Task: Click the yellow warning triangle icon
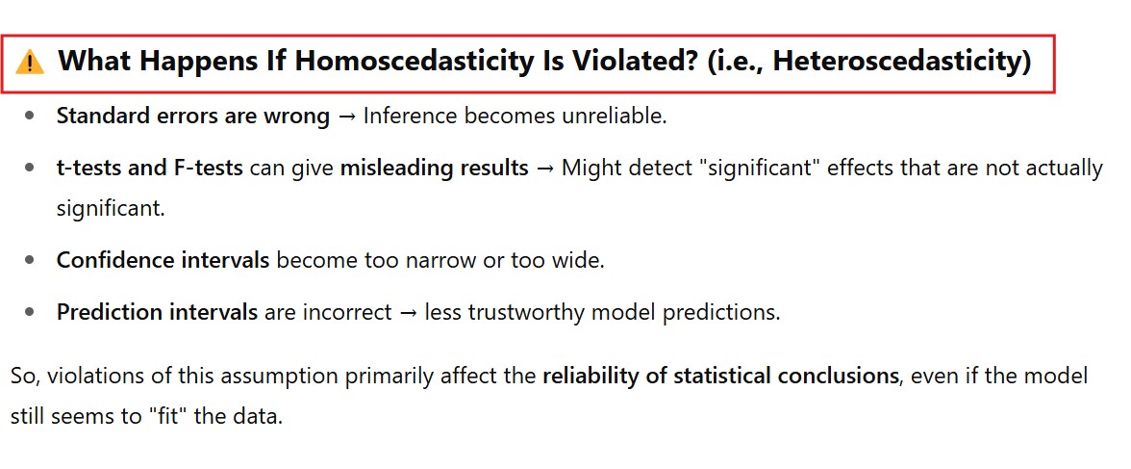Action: pyautogui.click(x=30, y=63)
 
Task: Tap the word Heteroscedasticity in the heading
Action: pyautogui.click(x=901, y=62)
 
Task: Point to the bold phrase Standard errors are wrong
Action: pyautogui.click(x=193, y=116)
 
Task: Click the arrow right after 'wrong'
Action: pyautogui.click(x=347, y=117)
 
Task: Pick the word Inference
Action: pyautogui.click(x=411, y=116)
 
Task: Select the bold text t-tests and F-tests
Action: pyautogui.click(x=150, y=169)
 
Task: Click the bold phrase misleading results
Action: pyautogui.click(x=435, y=169)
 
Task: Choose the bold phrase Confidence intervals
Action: pyautogui.click(x=163, y=260)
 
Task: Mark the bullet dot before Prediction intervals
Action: pyautogui.click(x=29, y=312)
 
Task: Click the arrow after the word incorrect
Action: pyautogui.click(x=408, y=313)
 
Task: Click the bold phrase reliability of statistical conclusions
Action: pyautogui.click(x=720, y=376)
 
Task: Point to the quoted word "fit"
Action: pyautogui.click(x=164, y=418)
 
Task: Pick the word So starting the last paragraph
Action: pyautogui.click(x=26, y=377)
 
